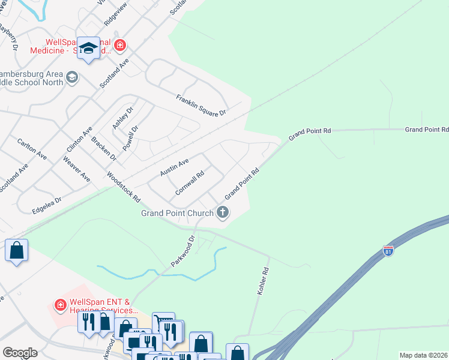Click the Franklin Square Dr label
click(200, 105)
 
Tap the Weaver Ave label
click(76, 170)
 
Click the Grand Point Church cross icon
click(223, 212)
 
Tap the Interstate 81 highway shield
click(388, 251)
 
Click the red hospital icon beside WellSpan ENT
click(60, 305)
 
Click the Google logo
click(20, 353)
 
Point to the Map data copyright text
click(423, 355)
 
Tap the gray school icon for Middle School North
click(72, 77)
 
